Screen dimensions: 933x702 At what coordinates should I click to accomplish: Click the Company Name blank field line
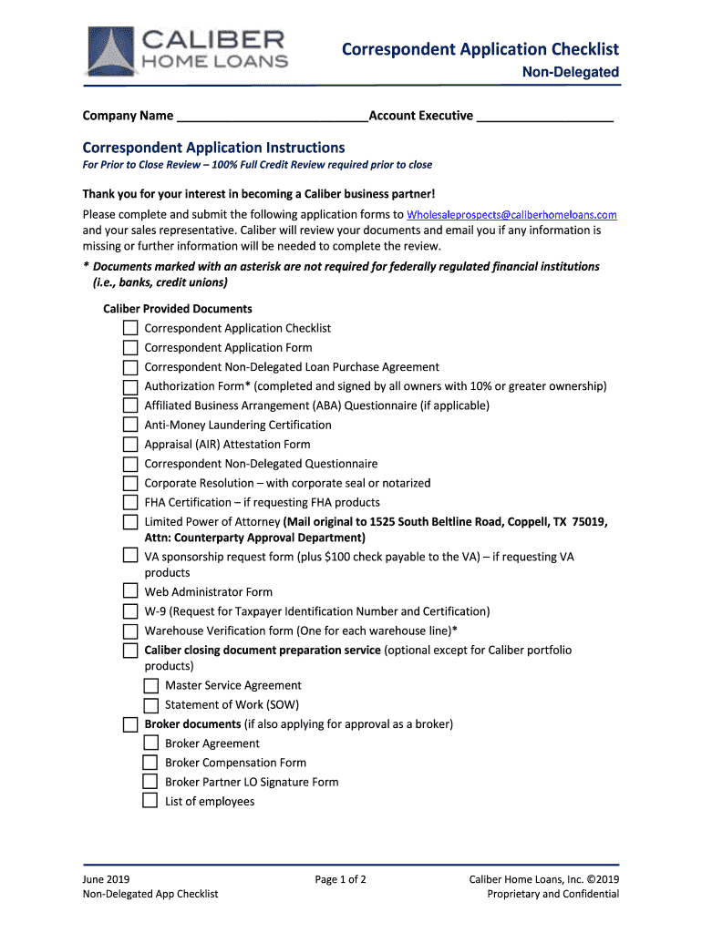point(271,117)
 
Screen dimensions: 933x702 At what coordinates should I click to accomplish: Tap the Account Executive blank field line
point(544,117)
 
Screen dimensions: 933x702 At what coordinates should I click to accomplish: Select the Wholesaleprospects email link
point(511,215)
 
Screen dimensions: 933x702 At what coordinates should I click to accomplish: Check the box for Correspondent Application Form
point(130,347)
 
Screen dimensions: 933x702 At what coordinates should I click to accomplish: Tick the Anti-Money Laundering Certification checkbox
point(130,425)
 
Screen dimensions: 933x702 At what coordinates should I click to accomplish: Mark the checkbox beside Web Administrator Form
point(130,592)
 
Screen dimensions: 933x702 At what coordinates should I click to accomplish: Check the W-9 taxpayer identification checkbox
point(130,611)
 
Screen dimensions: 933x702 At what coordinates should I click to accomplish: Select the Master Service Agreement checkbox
point(150,685)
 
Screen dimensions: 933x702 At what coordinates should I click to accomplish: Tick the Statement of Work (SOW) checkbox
point(150,704)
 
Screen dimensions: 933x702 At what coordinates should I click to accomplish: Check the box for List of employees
point(150,802)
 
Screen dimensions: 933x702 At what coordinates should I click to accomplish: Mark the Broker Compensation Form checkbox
point(150,763)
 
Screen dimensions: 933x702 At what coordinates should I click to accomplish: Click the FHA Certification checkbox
point(130,502)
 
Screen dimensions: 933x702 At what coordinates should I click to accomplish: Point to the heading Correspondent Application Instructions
point(213,148)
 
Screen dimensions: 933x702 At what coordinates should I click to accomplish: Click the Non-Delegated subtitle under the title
point(570,72)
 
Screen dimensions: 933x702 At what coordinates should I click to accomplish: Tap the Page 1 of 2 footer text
point(340,879)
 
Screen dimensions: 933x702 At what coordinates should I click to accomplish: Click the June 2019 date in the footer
point(106,879)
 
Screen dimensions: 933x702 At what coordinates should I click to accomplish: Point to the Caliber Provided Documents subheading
point(178,309)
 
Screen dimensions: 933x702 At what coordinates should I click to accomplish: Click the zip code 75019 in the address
point(589,522)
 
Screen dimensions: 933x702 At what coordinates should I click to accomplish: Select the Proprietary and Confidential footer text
point(552,894)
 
